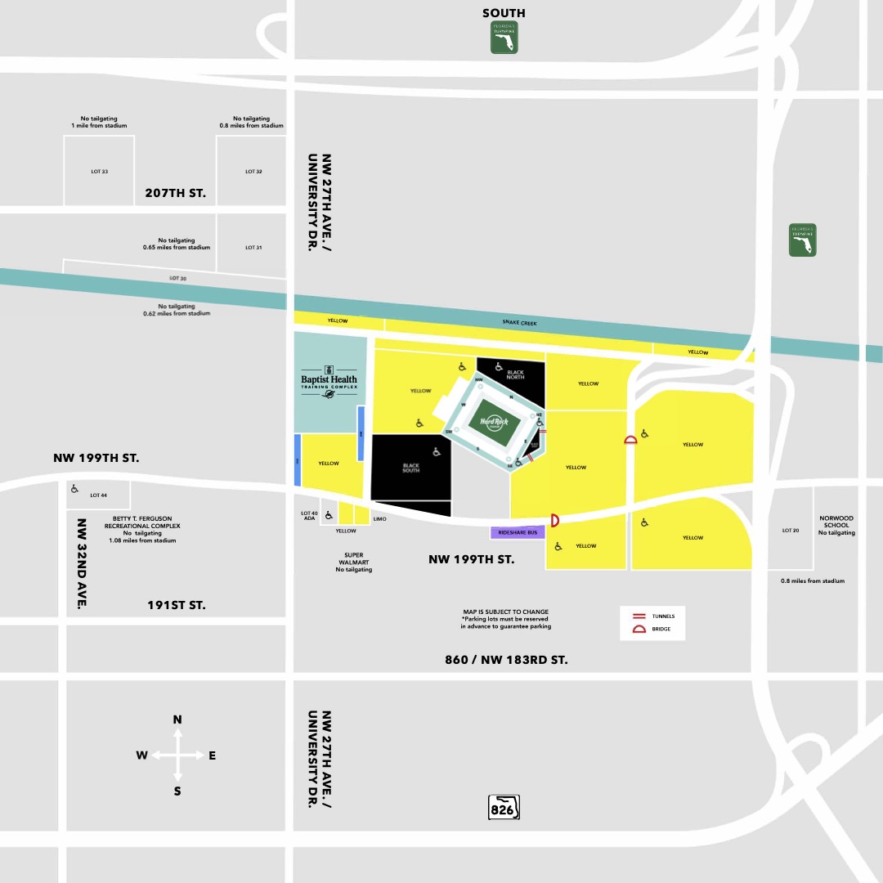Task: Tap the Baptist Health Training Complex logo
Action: point(328,381)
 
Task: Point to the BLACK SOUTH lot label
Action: point(410,468)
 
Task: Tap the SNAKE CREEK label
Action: point(519,323)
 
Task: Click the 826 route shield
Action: point(504,808)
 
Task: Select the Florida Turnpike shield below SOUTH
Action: point(504,38)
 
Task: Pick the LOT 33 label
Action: point(99,172)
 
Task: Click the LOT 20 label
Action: point(791,531)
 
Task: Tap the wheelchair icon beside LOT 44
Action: point(75,489)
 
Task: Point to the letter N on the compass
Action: point(177,719)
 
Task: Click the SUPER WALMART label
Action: point(353,562)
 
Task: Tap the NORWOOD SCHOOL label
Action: point(836,525)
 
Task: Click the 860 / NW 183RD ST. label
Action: point(507,659)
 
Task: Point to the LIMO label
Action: point(379,519)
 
